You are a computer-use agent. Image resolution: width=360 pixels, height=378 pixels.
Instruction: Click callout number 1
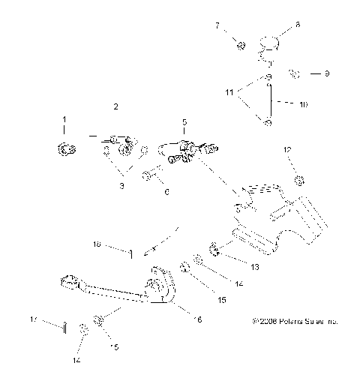pyautogui.click(x=64, y=119)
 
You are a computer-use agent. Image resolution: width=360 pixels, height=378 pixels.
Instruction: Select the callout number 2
pyautogui.click(x=116, y=106)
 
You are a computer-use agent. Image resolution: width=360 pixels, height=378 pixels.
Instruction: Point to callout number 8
pyautogui.click(x=297, y=25)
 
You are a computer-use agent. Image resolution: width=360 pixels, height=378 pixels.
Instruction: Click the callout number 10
pyautogui.click(x=303, y=106)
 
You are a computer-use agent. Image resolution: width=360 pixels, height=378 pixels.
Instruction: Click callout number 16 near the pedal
pyautogui.click(x=198, y=319)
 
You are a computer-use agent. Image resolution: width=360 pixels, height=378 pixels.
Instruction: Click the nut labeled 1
pyautogui.click(x=64, y=147)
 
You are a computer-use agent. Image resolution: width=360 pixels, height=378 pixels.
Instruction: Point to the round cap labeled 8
pyautogui.click(x=271, y=46)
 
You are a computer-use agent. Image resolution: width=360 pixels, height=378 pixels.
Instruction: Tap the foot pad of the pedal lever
pyautogui.click(x=70, y=282)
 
